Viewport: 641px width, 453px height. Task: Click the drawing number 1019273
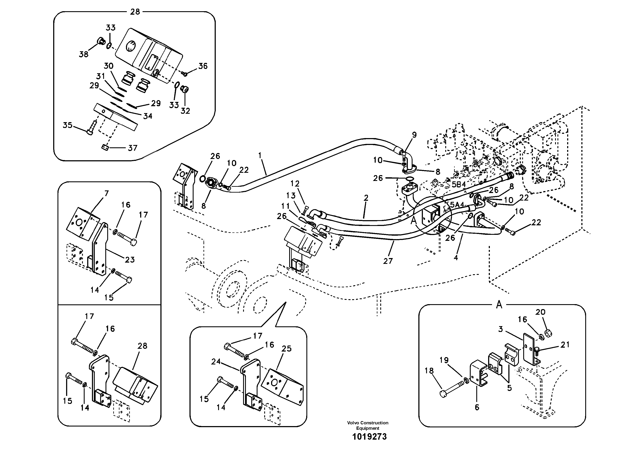pos(369,437)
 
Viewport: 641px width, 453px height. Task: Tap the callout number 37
pos(132,148)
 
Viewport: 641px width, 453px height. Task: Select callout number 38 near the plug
pos(84,54)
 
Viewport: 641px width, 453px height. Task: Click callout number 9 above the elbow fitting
pos(414,135)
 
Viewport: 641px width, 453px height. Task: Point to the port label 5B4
pos(459,184)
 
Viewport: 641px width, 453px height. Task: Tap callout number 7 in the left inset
pos(106,193)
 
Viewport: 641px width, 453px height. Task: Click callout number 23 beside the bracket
pos(130,260)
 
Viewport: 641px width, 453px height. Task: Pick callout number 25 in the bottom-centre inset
pos(286,349)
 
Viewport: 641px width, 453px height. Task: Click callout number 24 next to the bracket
pos(216,362)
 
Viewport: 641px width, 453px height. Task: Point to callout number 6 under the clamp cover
pos(477,408)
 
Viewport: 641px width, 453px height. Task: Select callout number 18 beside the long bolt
pos(429,371)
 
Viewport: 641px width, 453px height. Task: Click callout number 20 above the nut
pos(540,312)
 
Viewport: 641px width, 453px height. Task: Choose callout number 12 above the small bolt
pos(295,184)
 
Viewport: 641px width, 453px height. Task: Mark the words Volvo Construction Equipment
pos(368,425)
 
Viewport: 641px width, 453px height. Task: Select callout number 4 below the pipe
pos(456,257)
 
